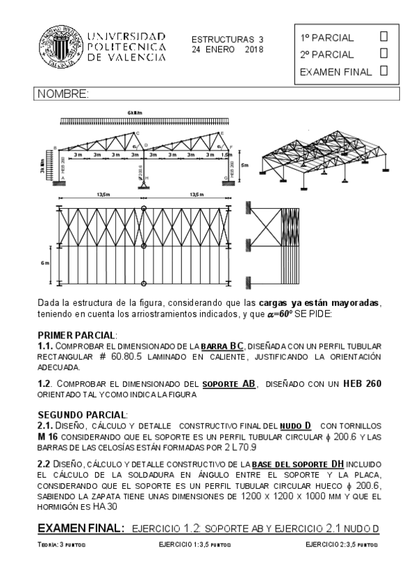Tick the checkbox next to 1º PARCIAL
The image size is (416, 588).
(384, 36)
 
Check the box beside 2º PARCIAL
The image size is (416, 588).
(384, 53)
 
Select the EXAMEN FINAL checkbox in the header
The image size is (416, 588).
(384, 70)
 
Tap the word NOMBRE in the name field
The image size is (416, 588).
(63, 94)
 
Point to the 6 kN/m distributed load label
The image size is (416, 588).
(134, 113)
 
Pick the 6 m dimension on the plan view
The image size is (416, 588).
(44, 263)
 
